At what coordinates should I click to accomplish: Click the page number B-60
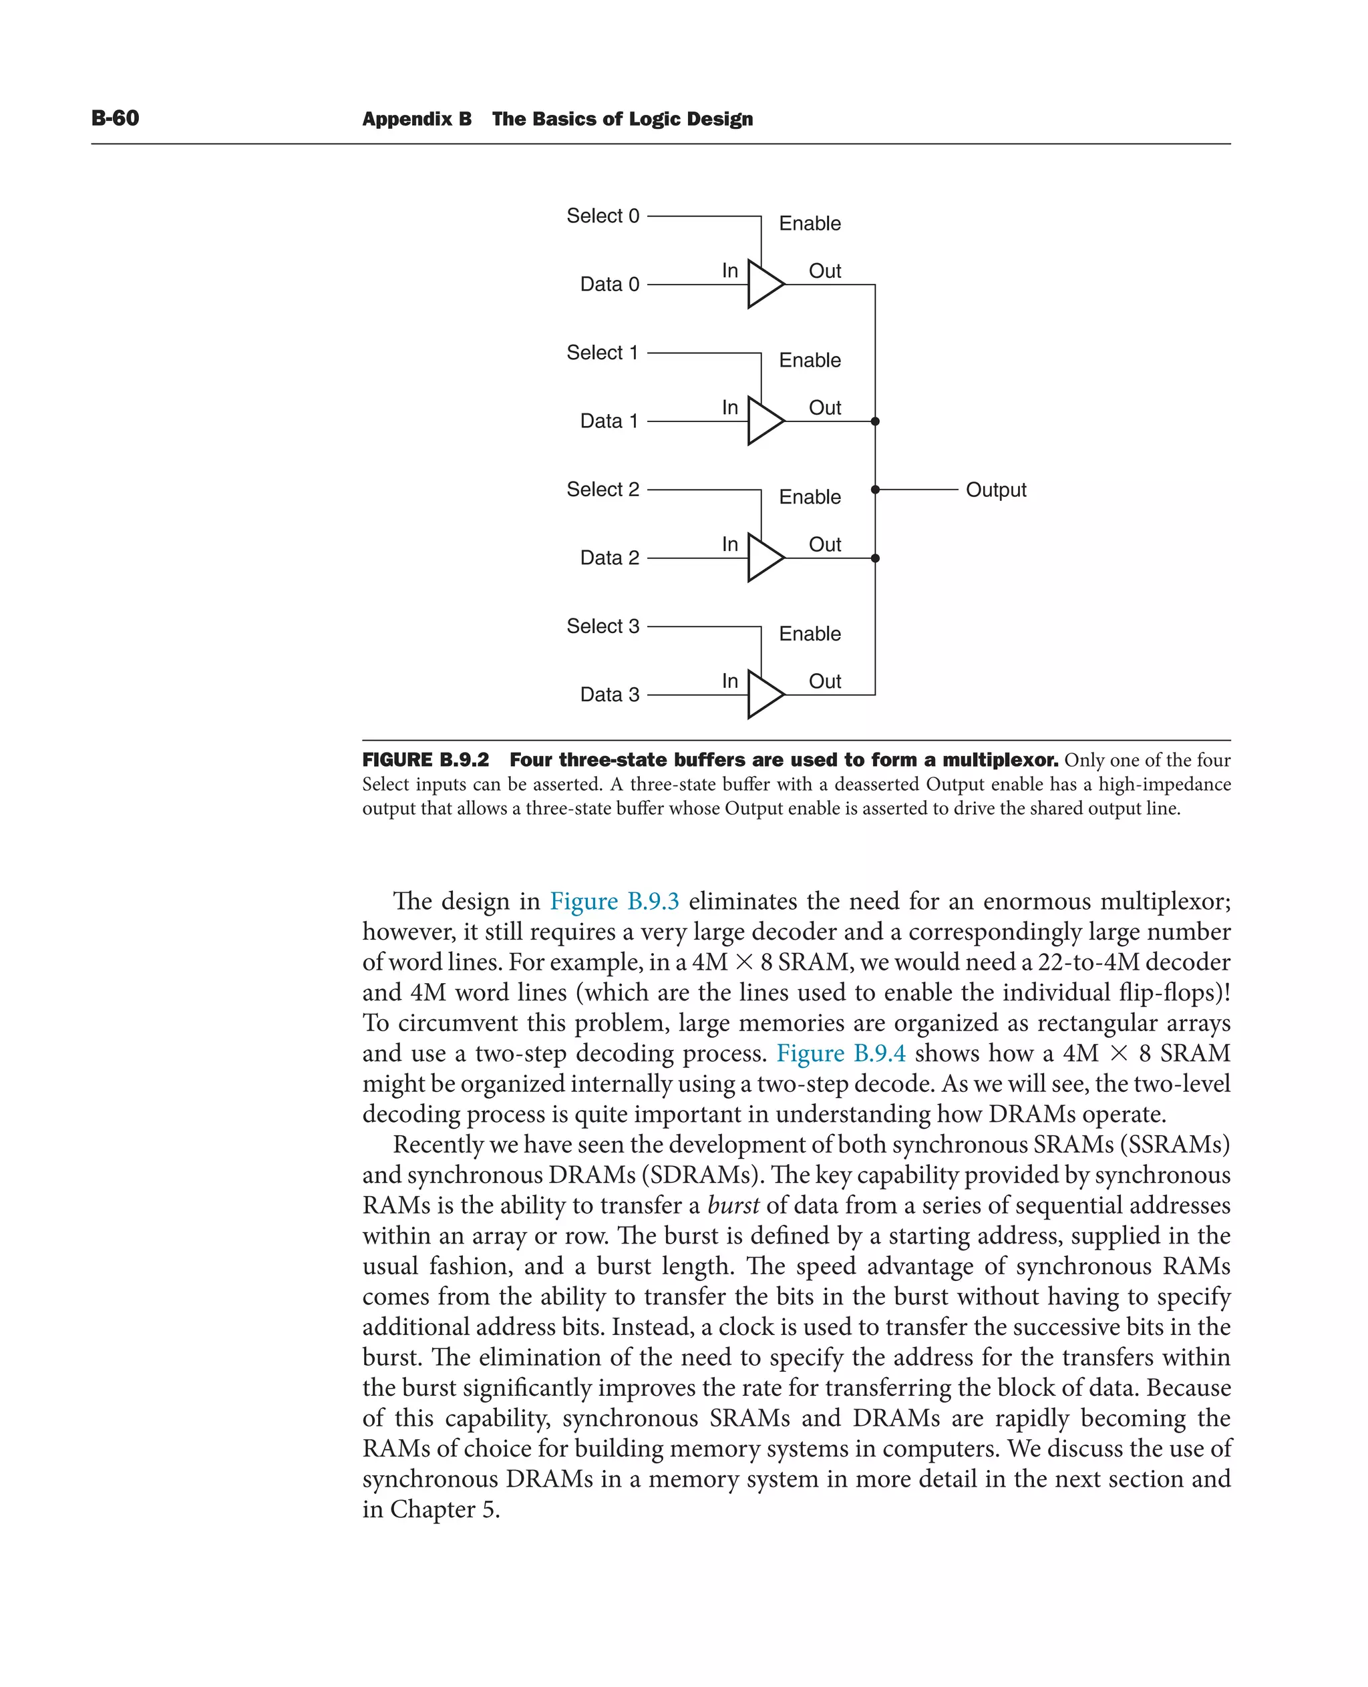[x=115, y=118]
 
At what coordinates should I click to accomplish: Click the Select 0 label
[x=603, y=216]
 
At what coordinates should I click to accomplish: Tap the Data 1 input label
[x=609, y=421]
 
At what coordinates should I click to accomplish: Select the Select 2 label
[x=603, y=490]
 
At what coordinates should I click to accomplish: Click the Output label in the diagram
[x=995, y=490]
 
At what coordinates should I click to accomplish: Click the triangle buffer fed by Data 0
[x=763, y=285]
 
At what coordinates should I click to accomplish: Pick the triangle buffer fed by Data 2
[x=763, y=558]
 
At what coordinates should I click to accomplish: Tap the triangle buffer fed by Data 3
[x=763, y=695]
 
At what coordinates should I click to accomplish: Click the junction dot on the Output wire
[x=874, y=490]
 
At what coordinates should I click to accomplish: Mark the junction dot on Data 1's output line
[x=874, y=421]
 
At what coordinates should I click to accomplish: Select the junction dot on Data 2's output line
[x=874, y=558]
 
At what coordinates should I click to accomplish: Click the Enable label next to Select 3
[x=810, y=634]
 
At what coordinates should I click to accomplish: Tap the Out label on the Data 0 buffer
[x=824, y=271]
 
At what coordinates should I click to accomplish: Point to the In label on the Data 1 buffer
[x=729, y=407]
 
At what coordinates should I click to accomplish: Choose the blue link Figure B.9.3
[x=614, y=901]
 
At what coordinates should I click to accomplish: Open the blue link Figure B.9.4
[x=841, y=1053]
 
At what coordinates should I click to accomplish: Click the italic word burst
[x=733, y=1205]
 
